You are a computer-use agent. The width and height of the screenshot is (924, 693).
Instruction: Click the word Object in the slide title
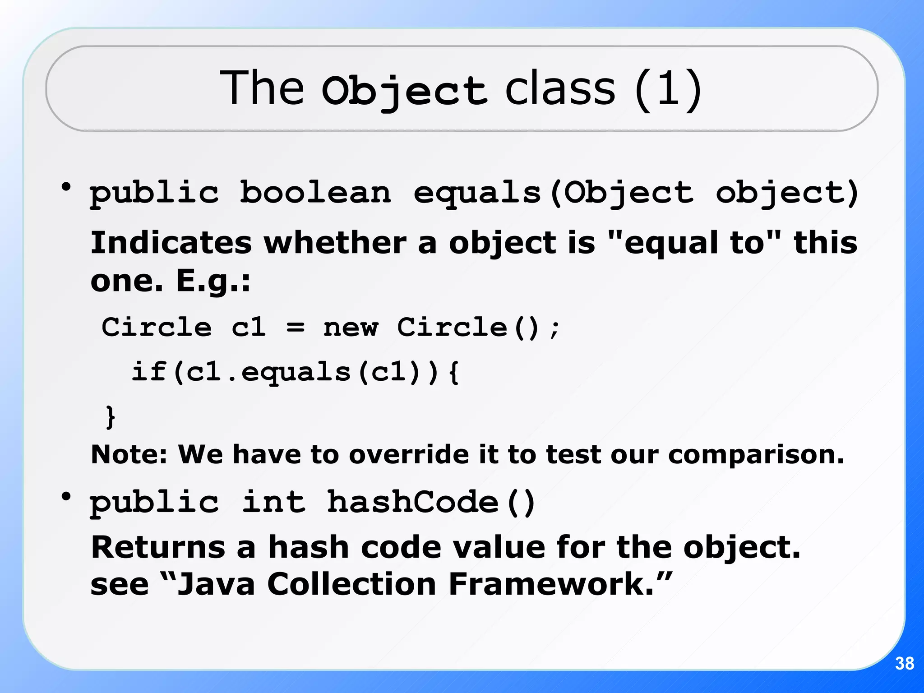point(404,90)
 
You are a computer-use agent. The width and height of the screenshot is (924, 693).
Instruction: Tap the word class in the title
point(560,88)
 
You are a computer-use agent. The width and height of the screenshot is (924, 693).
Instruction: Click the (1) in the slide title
point(668,89)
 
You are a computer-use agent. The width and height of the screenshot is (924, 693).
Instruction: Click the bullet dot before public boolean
point(66,187)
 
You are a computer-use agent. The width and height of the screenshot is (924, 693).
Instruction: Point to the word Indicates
point(171,243)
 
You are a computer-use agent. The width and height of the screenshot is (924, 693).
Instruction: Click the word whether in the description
point(335,243)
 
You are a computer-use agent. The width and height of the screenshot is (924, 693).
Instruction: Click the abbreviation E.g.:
point(213,281)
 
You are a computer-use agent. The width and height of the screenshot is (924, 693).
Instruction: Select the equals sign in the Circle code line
point(296,327)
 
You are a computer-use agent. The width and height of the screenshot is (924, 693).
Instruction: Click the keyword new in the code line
point(351,327)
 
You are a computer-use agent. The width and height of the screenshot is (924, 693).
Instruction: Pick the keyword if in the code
point(149,372)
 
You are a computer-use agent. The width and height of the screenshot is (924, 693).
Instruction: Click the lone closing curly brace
point(110,416)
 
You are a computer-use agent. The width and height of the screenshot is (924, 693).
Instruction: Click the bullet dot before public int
point(66,497)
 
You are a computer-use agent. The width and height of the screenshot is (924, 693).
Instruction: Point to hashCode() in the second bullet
point(431,502)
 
